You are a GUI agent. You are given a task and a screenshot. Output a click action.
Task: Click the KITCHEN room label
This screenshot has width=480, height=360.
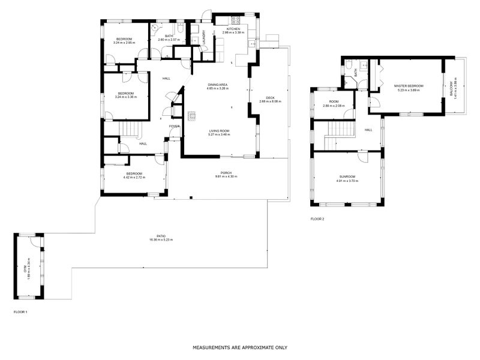point(233,29)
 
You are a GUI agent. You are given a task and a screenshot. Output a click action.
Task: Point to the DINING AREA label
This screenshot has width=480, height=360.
point(217,85)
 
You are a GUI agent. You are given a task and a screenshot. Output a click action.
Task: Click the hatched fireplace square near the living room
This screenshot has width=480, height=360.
point(191,116)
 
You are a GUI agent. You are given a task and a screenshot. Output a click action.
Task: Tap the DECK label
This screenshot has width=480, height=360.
point(270,98)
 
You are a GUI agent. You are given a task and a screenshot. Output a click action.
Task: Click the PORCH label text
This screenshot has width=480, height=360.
point(226,173)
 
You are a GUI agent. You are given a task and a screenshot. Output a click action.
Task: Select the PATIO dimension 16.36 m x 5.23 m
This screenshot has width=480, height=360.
point(161,240)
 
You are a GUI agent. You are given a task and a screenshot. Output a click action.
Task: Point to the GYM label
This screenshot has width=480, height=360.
point(26,269)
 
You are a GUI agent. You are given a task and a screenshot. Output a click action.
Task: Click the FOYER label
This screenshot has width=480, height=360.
point(174,127)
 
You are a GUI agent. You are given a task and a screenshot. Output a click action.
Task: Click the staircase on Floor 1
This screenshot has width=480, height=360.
point(130,128)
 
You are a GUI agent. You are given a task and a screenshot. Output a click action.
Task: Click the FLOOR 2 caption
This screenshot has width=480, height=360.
point(317,219)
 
